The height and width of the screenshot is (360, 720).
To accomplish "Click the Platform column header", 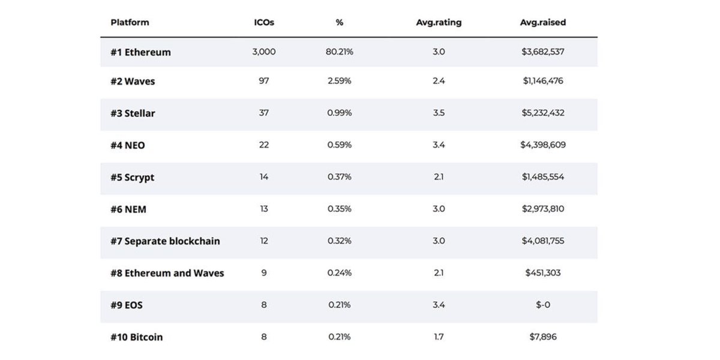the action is click(130, 23).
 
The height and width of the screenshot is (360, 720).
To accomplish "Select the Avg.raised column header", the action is click(543, 23).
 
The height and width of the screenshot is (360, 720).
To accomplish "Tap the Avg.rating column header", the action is click(439, 23).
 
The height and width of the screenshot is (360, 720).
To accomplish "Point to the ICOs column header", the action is click(264, 23).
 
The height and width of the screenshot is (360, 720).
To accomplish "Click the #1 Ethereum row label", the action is click(140, 52).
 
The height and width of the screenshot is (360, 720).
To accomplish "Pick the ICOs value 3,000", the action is click(264, 52).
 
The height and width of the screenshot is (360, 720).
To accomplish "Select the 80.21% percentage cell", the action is click(340, 52).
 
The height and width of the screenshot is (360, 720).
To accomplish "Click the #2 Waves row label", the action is click(133, 82).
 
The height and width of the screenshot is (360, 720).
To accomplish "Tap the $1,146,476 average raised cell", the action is click(543, 80).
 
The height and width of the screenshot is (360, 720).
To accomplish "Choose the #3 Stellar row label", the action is click(133, 113).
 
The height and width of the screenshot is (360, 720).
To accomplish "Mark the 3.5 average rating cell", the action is click(439, 113).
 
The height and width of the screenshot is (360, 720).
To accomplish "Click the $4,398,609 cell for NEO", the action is click(543, 145).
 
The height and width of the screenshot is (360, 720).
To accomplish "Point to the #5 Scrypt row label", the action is click(132, 178).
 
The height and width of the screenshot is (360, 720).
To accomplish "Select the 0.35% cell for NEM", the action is click(340, 209).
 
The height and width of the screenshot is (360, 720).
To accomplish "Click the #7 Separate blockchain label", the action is click(165, 241).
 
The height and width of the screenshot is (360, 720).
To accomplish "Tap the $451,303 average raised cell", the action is click(543, 273).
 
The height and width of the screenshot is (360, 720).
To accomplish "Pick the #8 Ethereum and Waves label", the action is click(167, 273).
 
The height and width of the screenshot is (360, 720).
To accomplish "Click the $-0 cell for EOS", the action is click(543, 305).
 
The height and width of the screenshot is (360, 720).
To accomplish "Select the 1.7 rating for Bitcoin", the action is click(439, 337).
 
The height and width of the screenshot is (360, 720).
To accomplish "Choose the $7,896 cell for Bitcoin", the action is click(543, 337).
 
